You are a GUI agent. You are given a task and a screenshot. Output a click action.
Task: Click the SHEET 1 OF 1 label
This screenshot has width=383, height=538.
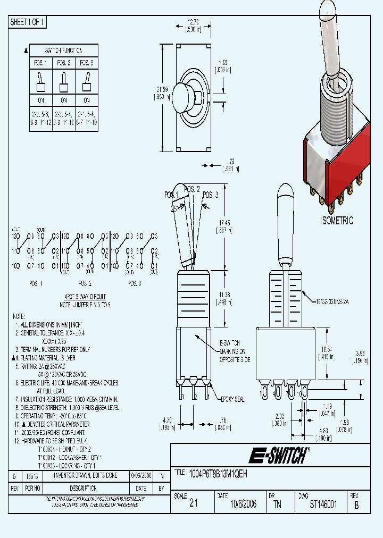28,22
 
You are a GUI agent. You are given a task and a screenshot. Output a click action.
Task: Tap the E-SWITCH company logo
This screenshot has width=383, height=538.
278,455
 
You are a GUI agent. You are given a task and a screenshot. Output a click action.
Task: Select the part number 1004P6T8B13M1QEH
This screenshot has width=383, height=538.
218,473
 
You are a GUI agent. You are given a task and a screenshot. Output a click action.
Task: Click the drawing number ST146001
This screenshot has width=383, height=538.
323,504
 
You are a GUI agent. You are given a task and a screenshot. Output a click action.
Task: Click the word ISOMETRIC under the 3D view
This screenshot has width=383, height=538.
337,221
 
